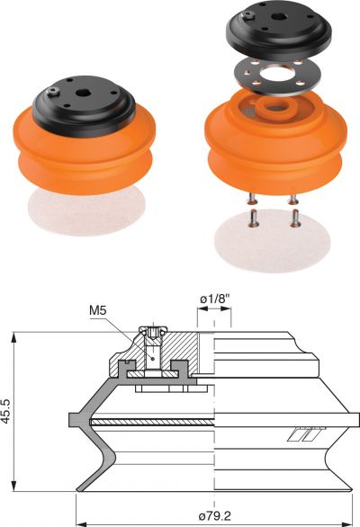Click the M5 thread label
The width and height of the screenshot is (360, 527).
(x=97, y=310)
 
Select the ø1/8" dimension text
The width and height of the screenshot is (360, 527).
(x=215, y=299)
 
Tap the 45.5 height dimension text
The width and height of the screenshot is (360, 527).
(x=7, y=411)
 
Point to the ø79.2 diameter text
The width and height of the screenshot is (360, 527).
(x=215, y=515)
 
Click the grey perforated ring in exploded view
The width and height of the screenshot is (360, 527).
(x=276, y=76)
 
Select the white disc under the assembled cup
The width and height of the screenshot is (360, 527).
(x=86, y=210)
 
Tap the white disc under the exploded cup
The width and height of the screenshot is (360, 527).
(x=273, y=240)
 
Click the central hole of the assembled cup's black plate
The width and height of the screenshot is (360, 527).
(x=82, y=94)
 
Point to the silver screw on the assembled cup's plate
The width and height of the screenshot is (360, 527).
(x=53, y=92)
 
